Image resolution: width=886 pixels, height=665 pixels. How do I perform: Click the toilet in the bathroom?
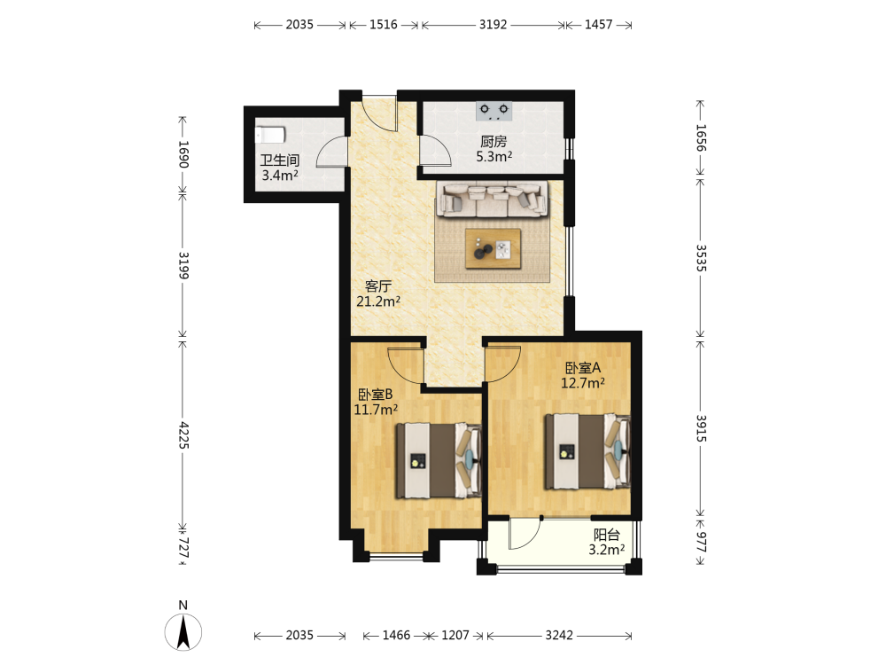coord(270,135)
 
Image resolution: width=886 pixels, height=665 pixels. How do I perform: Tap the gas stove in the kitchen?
coord(494,111)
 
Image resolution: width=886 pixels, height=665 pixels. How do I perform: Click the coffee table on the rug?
coord(493,248)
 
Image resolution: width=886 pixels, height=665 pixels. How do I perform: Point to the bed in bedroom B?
coord(439,461)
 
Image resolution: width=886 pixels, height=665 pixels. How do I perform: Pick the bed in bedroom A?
coord(587,451)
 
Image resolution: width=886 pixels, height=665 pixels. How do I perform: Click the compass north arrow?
coord(183,632)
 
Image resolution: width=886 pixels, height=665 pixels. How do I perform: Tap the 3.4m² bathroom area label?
coord(280,176)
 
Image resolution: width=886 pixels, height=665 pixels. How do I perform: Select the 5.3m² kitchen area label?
coord(494,157)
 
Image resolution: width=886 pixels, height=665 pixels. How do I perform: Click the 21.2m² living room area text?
coord(378,301)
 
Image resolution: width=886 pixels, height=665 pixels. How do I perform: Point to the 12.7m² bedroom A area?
coord(583,383)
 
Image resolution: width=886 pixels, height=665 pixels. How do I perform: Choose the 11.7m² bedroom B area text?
coord(376,410)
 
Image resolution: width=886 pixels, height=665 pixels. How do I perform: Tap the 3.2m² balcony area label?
coord(606,550)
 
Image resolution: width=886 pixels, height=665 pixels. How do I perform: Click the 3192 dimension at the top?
coord(493,24)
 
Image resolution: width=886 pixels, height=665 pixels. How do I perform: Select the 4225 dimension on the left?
coord(183,434)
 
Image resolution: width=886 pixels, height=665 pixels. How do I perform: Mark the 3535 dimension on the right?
coord(701,258)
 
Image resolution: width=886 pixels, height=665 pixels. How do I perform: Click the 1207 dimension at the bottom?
coord(455,635)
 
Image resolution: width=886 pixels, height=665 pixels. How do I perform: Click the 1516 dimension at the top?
coord(383,24)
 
